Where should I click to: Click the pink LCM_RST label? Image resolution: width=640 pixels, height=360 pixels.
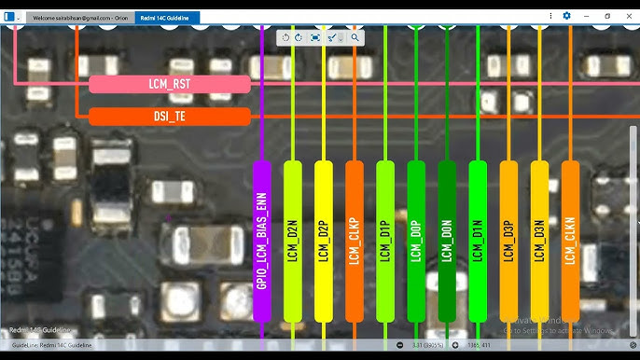pyautogui.click(x=170, y=85)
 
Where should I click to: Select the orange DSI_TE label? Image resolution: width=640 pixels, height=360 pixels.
pyautogui.click(x=170, y=117)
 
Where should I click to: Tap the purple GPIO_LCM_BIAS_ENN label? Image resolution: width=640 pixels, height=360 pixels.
pyautogui.click(x=261, y=242)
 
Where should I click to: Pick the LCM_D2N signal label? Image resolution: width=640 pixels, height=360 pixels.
pyautogui.click(x=293, y=242)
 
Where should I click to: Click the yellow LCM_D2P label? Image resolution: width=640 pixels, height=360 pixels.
pyautogui.click(x=324, y=242)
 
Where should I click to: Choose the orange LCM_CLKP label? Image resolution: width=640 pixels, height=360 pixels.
pyautogui.click(x=355, y=242)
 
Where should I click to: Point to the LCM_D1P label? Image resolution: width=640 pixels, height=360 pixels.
pyautogui.click(x=385, y=242)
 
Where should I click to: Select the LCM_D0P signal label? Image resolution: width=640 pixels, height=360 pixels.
pyautogui.click(x=416, y=242)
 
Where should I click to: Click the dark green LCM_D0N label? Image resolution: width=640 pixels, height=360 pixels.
pyautogui.click(x=447, y=242)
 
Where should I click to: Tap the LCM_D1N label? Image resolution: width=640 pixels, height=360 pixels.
pyautogui.click(x=478, y=242)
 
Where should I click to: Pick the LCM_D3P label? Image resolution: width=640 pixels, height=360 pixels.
pyautogui.click(x=508, y=242)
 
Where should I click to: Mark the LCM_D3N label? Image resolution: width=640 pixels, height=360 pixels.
pyautogui.click(x=539, y=242)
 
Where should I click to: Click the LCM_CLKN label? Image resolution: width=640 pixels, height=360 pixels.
pyautogui.click(x=570, y=242)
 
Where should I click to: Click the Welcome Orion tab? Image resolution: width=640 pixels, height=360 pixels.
pyautogui.click(x=80, y=17)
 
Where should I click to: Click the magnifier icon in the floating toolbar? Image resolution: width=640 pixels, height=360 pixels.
pyautogui.click(x=355, y=37)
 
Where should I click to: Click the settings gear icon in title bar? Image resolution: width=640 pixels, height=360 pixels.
pyautogui.click(x=566, y=16)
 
